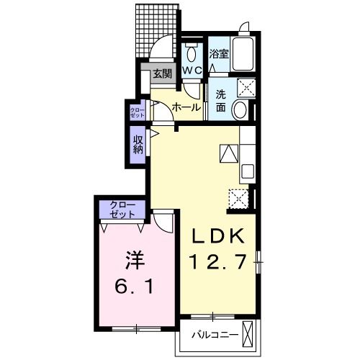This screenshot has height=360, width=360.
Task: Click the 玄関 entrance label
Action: coord(163,73)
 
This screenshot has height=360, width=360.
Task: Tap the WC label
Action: coord(192,71)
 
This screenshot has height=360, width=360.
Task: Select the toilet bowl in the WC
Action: coord(192,53)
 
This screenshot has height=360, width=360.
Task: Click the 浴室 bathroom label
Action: coord(219,54)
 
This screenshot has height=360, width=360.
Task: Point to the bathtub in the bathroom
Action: coord(243,54)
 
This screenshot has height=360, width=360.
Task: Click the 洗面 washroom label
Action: coord(220,101)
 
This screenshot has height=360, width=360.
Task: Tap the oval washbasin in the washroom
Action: coord(240,110)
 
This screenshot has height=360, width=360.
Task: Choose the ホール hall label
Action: coord(186,107)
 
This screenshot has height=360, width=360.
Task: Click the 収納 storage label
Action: coord(138,145)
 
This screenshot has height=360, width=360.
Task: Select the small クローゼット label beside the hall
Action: coord(138,113)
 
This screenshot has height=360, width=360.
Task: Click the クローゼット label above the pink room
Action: coord(122,210)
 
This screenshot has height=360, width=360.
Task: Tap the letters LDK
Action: coord(218,236)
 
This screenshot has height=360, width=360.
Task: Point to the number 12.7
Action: coord(218,261)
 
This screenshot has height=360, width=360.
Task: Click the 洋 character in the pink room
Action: coord(135,260)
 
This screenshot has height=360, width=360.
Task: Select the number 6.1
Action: coord(134,287)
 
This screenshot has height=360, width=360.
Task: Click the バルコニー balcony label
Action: coord(215,335)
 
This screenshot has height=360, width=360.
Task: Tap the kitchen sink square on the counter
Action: coord(248,171)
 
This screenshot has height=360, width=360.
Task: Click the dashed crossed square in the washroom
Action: coord(246,87)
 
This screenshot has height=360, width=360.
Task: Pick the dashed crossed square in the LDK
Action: coord(238,199)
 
